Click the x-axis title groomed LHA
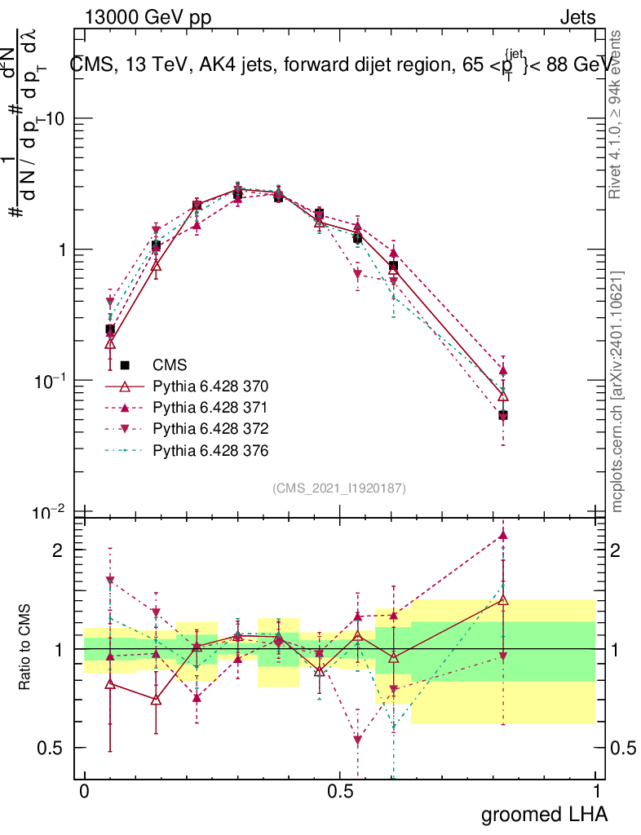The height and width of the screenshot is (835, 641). pyautogui.click(x=544, y=814)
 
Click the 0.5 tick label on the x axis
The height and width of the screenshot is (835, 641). pyautogui.click(x=340, y=792)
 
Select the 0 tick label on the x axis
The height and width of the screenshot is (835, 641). pyautogui.click(x=84, y=792)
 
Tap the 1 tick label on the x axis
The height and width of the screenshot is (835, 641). pyautogui.click(x=596, y=792)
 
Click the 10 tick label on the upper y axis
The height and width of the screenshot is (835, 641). pyautogui.click(x=55, y=119)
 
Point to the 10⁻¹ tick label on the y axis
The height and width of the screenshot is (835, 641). pyautogui.click(x=50, y=381)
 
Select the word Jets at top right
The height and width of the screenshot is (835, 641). pyautogui.click(x=577, y=17)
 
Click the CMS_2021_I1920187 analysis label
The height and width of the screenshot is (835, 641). pyautogui.click(x=339, y=488)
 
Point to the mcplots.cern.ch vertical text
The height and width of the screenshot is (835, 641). pyautogui.click(x=617, y=391)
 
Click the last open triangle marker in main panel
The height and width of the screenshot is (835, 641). pyautogui.click(x=503, y=396)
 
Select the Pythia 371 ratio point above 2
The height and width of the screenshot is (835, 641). pyautogui.click(x=503, y=535)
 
